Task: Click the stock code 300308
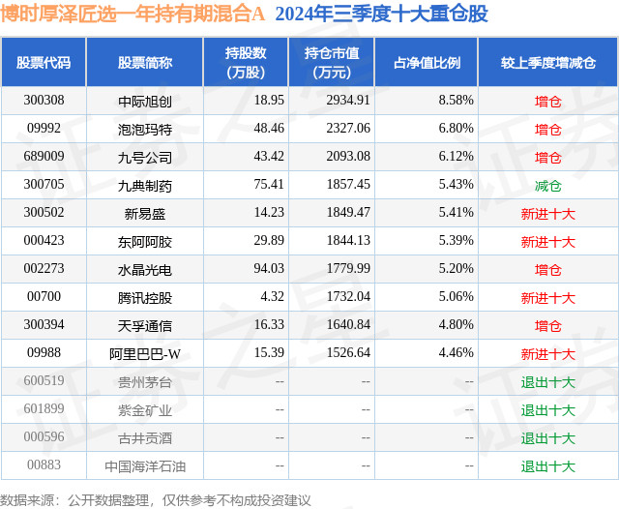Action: pyautogui.click(x=44, y=100)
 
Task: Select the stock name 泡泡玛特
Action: pyautogui.click(x=144, y=128)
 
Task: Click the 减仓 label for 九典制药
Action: pyautogui.click(x=547, y=185)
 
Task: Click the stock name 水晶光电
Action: pyautogui.click(x=144, y=269)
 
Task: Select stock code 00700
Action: pyautogui.click(x=44, y=297)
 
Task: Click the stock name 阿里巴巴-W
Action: pyautogui.click(x=144, y=353)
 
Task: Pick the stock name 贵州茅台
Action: pyautogui.click(x=144, y=382)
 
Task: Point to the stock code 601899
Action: pyautogui.click(x=44, y=410)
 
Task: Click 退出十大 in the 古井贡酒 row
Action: pyautogui.click(x=547, y=438)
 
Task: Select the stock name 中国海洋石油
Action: pyautogui.click(x=144, y=466)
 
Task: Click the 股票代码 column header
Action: pyautogui.click(x=44, y=63)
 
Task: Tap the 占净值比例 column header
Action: pyautogui.click(x=427, y=63)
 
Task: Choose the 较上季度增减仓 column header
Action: pyautogui.click(x=547, y=63)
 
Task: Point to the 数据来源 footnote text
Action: pyautogui.click(x=156, y=499)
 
